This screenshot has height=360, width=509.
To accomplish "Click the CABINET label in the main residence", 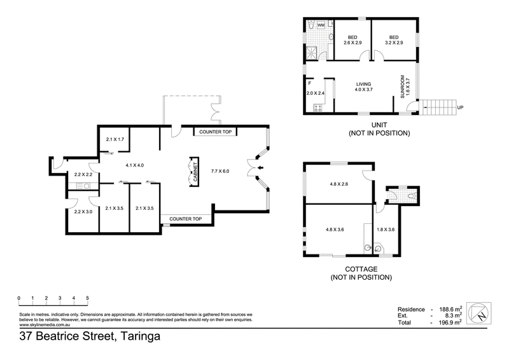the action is (x=195, y=172).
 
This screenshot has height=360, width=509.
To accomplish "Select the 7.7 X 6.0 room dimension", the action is (x=220, y=171).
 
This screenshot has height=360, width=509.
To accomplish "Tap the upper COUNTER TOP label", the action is (x=215, y=132).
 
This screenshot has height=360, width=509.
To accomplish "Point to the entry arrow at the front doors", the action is (x=260, y=168).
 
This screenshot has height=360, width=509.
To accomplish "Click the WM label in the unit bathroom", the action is (x=321, y=25).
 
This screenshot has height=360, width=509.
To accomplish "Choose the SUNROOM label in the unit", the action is (x=403, y=87).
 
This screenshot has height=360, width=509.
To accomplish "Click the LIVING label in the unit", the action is (x=363, y=84).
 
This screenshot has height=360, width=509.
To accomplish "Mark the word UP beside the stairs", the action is (x=460, y=107).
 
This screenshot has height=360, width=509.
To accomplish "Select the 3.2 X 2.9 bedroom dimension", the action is (x=394, y=43).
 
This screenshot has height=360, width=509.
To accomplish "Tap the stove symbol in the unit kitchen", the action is (x=317, y=107).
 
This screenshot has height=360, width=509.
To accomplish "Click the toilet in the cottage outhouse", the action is (x=412, y=196).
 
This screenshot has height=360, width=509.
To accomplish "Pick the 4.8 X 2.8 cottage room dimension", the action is (x=339, y=184).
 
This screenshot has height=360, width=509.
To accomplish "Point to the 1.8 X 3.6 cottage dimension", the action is (x=386, y=230).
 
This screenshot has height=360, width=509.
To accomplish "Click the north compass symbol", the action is (x=479, y=314).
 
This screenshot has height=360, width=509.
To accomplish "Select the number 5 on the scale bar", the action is (x=87, y=298).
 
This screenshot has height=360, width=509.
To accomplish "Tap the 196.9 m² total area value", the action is (x=450, y=322).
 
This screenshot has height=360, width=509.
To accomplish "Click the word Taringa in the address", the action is (x=140, y=336).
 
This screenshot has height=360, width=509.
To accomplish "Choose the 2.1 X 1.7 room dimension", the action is (x=115, y=139).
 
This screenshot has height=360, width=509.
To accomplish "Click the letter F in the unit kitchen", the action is (x=310, y=83).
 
